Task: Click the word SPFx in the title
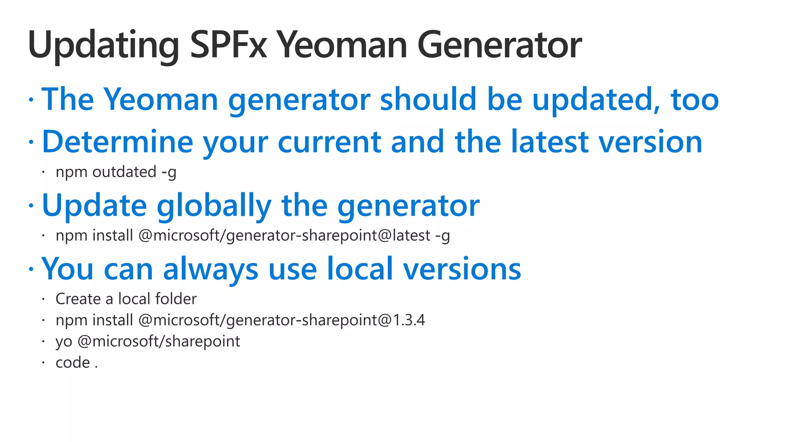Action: pyautogui.click(x=228, y=45)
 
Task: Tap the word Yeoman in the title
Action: pyautogui.click(x=342, y=45)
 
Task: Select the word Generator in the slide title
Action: pyautogui.click(x=499, y=45)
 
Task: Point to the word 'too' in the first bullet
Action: pyautogui.click(x=694, y=99)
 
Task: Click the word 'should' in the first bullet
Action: pyautogui.click(x=428, y=99)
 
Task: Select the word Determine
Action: pyautogui.click(x=117, y=142)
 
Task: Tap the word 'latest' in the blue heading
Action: pyautogui.click(x=550, y=142)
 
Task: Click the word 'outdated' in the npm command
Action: pyautogui.click(x=124, y=172)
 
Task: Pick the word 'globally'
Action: pyautogui.click(x=214, y=206)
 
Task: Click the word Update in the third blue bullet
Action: pyautogui.click(x=94, y=206)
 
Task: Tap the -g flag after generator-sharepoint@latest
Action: pyautogui.click(x=442, y=236)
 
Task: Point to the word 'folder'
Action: pyautogui.click(x=177, y=299)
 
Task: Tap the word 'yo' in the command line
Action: pyautogui.click(x=64, y=341)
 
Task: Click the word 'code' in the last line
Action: pyautogui.click(x=73, y=363)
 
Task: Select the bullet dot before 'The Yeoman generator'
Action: pyautogui.click(x=31, y=99)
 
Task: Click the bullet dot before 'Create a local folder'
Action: pyautogui.click(x=44, y=299)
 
